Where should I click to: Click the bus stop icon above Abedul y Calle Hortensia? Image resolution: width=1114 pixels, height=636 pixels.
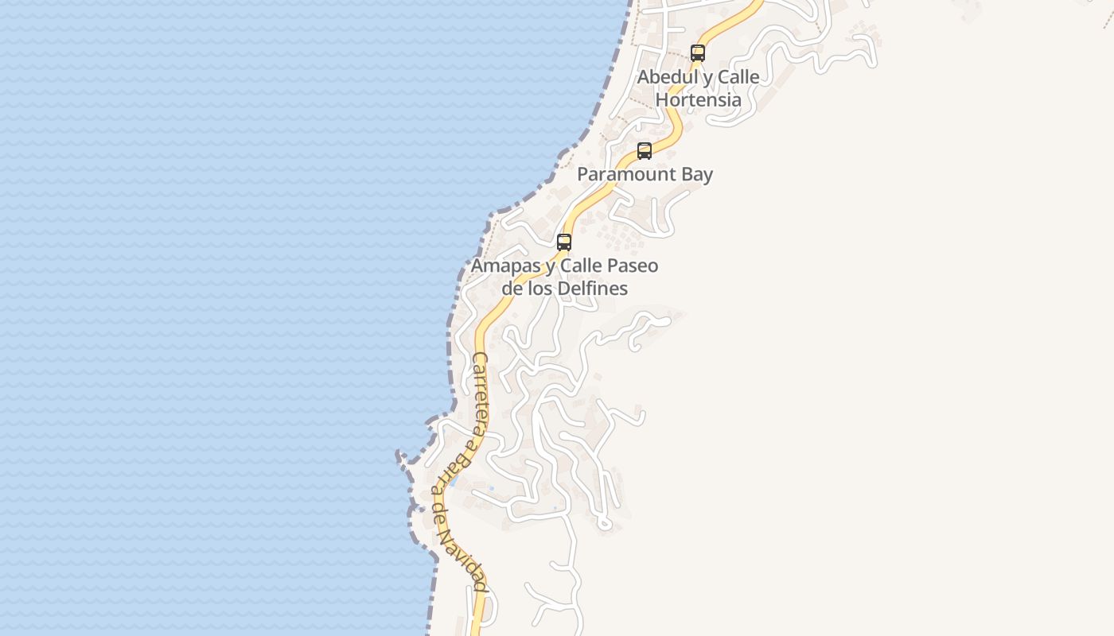(698, 53)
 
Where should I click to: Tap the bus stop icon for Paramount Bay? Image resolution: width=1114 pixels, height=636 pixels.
(645, 150)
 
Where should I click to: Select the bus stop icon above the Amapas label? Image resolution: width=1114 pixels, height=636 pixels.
(564, 242)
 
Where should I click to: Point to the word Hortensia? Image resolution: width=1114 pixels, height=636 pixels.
(699, 100)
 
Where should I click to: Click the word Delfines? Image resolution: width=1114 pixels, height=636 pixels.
(593, 289)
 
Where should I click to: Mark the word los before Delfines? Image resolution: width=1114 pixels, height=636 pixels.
(541, 289)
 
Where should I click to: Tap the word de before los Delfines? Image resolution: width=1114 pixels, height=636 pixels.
(512, 289)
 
